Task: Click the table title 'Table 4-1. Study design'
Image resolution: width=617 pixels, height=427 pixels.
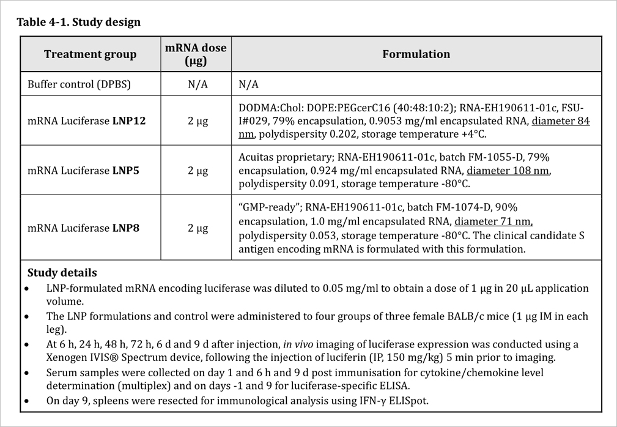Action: point(78,23)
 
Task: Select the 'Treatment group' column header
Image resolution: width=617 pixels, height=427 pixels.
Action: point(90,54)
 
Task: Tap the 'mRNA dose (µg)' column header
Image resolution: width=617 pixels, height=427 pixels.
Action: point(197,54)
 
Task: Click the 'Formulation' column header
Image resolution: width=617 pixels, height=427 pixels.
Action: point(416,54)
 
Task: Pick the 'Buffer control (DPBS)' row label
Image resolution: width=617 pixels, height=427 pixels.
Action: point(79,84)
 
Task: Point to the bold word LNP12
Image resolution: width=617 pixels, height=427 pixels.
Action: point(128,121)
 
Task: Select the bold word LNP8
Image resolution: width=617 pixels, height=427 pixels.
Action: point(125,228)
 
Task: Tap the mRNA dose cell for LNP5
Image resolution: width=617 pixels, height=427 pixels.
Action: point(197,171)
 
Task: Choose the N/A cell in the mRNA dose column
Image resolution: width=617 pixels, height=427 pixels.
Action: point(197,84)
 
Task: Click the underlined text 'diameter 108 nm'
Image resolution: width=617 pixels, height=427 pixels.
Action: point(508,171)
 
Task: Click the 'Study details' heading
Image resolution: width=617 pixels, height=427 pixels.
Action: point(62,273)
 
